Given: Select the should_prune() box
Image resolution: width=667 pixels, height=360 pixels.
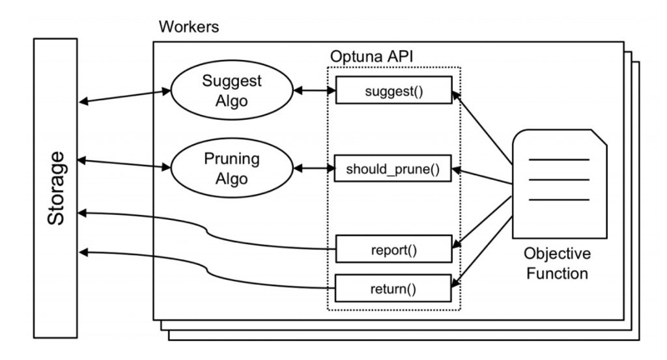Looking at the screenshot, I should (x=393, y=170).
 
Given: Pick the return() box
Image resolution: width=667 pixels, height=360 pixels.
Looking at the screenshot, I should (x=393, y=286).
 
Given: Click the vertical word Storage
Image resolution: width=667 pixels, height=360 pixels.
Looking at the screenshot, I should (x=56, y=189).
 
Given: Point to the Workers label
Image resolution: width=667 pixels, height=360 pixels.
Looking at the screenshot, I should (x=189, y=28).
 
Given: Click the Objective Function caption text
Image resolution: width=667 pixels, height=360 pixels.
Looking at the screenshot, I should (x=557, y=263).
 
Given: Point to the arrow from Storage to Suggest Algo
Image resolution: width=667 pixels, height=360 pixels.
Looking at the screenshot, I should (x=124, y=96).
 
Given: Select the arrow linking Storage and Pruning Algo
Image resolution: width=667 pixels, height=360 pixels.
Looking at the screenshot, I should (x=124, y=163).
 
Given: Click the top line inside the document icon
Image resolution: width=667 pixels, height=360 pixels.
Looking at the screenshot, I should (x=559, y=159).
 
